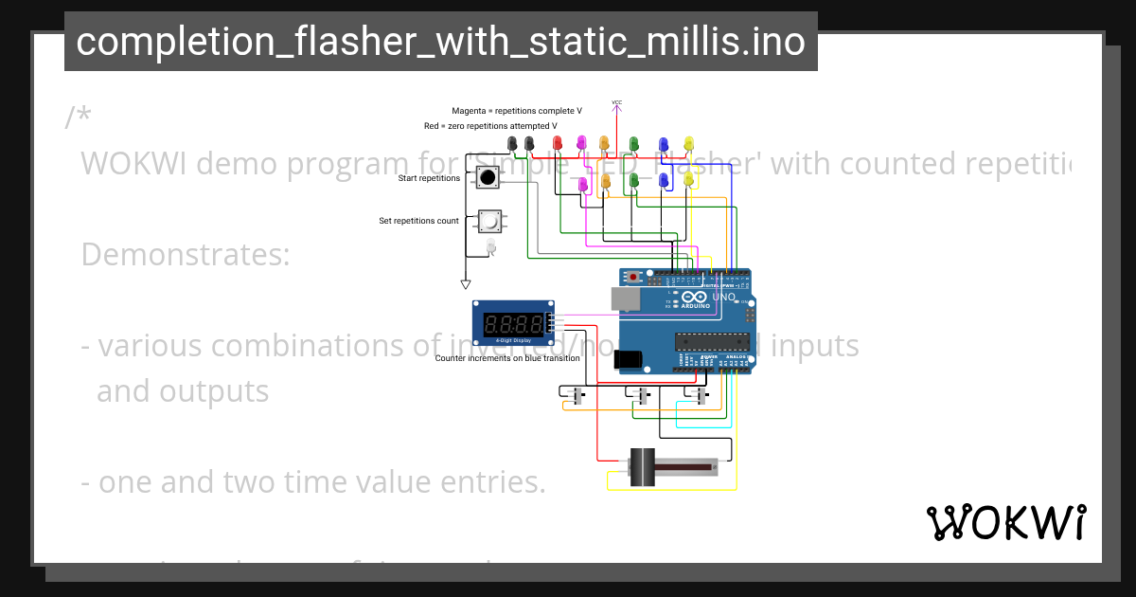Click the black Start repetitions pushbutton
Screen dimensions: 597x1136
coord(488,177)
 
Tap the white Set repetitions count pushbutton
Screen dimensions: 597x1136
coord(488,222)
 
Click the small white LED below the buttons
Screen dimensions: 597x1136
coord(490,246)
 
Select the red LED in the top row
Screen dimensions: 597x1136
coord(558,143)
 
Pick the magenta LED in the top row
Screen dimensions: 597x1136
coord(581,143)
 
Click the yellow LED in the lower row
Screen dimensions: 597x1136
coord(688,179)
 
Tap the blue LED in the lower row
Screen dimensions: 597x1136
coord(664,179)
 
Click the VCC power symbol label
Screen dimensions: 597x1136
coord(616,102)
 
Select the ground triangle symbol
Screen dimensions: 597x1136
coord(465,283)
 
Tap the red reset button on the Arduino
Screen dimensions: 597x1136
coord(633,278)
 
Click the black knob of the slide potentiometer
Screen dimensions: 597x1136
coord(644,467)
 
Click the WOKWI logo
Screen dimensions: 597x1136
coord(1005,522)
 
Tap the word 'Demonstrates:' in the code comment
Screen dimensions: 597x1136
coord(186,255)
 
